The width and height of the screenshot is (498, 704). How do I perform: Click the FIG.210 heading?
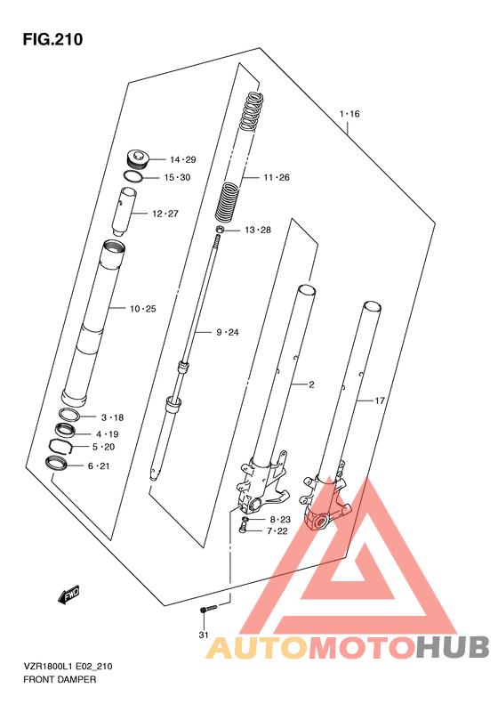coord(53,39)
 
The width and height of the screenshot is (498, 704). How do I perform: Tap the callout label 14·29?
coord(183,160)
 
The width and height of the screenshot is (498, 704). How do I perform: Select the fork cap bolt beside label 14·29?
coord(136,160)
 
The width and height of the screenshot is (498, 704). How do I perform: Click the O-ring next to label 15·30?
coord(133,176)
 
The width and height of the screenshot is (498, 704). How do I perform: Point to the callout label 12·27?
coord(165,214)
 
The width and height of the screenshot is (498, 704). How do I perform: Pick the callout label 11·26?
coord(277,177)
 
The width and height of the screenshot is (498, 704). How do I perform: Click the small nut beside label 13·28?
coord(220,231)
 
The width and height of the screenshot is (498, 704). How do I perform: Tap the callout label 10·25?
coord(142,309)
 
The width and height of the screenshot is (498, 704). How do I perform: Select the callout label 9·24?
coord(228,332)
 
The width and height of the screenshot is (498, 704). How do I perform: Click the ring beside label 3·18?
coord(69,415)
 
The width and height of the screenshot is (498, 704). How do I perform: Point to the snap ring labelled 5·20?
coord(61,447)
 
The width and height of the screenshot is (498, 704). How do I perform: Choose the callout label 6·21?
coord(99,466)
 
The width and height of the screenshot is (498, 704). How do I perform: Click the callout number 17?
coord(380,400)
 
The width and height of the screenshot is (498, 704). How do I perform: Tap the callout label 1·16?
coord(349,114)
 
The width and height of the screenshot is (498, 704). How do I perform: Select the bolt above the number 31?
coord(208,609)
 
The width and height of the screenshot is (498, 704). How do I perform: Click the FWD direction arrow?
coord(68,595)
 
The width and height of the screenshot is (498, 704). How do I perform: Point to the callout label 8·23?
coord(280,520)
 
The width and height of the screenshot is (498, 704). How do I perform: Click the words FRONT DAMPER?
coord(60,679)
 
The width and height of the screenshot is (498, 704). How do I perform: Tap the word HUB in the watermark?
coord(452,647)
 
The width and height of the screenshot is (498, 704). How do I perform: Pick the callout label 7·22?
coord(277,531)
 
